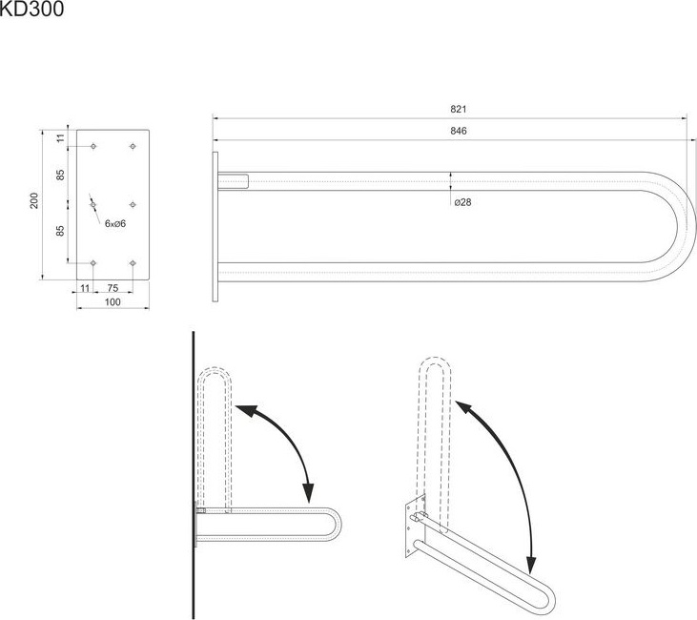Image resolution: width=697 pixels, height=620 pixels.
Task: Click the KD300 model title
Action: point(31,9)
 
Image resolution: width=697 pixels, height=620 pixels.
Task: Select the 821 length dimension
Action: point(459,109)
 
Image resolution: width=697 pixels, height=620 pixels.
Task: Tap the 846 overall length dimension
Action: point(459,131)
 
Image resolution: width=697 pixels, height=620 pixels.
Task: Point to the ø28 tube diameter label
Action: point(462,202)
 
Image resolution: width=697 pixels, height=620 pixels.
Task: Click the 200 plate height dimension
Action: point(34,200)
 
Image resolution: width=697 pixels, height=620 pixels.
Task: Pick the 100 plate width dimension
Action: point(113,302)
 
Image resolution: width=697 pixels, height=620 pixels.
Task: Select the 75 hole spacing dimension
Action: point(113,288)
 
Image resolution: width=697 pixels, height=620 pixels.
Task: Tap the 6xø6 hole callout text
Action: point(115,224)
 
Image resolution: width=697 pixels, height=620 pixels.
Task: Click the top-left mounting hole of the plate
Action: point(93,146)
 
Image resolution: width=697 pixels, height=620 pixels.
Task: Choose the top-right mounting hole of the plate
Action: point(133,146)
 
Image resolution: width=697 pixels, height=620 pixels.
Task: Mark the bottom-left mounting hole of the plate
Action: point(93,263)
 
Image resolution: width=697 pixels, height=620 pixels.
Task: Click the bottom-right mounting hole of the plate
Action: point(133,263)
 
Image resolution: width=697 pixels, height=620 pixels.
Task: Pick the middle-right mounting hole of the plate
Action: point(133,204)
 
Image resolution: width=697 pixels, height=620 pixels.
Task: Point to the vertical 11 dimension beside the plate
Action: point(60,138)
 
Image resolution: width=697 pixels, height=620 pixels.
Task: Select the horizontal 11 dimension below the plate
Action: point(85,288)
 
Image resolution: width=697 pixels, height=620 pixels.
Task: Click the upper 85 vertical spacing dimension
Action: point(60,175)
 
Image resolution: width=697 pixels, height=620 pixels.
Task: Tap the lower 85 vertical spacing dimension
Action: point(60,231)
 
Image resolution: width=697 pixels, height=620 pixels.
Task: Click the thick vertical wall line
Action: point(194,475)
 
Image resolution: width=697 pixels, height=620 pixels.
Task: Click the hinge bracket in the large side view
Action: point(233,181)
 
